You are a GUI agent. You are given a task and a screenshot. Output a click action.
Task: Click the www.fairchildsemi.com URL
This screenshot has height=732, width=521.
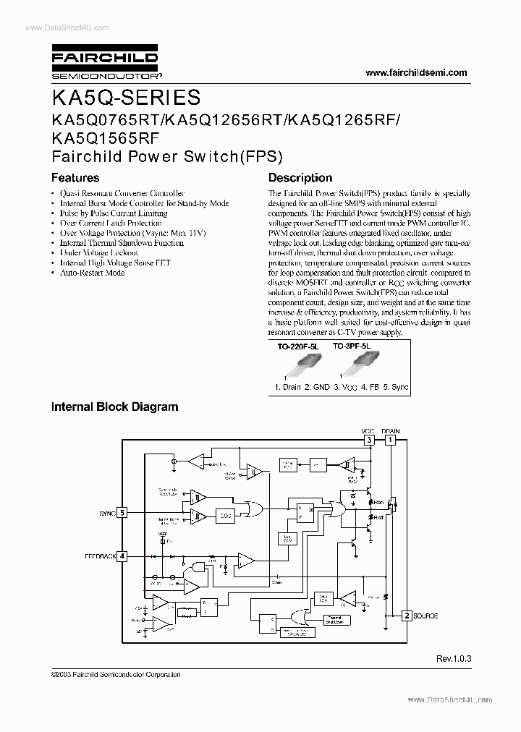point(417,72)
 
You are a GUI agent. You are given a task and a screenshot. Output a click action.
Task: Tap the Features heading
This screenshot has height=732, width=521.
point(75,177)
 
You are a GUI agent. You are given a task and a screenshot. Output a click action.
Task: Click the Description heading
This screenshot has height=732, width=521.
point(300,177)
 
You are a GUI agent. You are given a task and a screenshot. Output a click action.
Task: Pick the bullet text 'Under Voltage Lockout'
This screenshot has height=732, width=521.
point(99,253)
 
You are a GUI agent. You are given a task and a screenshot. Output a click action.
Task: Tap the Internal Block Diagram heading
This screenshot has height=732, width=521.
point(114,407)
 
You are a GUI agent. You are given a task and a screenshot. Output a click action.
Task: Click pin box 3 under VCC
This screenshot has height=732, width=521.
point(369,439)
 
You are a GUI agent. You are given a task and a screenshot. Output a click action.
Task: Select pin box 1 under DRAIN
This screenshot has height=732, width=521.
point(391,439)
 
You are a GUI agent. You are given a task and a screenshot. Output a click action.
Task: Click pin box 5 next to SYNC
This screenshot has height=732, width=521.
point(122,512)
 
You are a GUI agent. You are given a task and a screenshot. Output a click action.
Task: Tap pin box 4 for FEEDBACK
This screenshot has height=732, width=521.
point(122,556)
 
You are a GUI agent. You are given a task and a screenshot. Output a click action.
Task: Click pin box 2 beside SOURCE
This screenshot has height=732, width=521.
point(407,616)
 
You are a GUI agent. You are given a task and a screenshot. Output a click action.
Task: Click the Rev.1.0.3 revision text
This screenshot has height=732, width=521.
point(452,659)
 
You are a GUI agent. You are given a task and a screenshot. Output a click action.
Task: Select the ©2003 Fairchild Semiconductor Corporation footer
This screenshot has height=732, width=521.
point(116,674)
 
